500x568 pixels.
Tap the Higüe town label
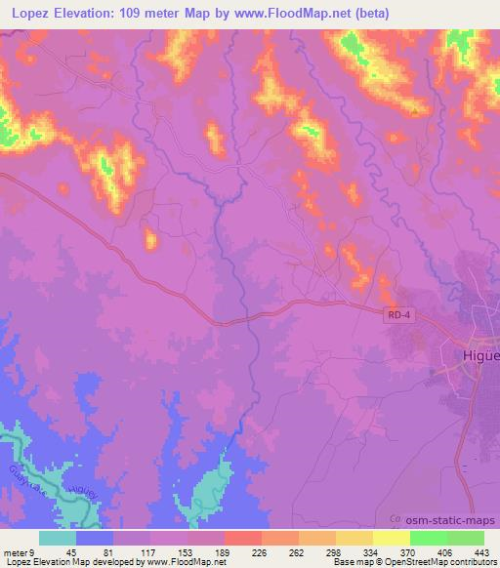(479, 355)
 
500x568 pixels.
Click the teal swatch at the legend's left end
(57, 538)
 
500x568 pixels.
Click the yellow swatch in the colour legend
(391, 538)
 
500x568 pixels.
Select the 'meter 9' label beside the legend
(17, 551)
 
